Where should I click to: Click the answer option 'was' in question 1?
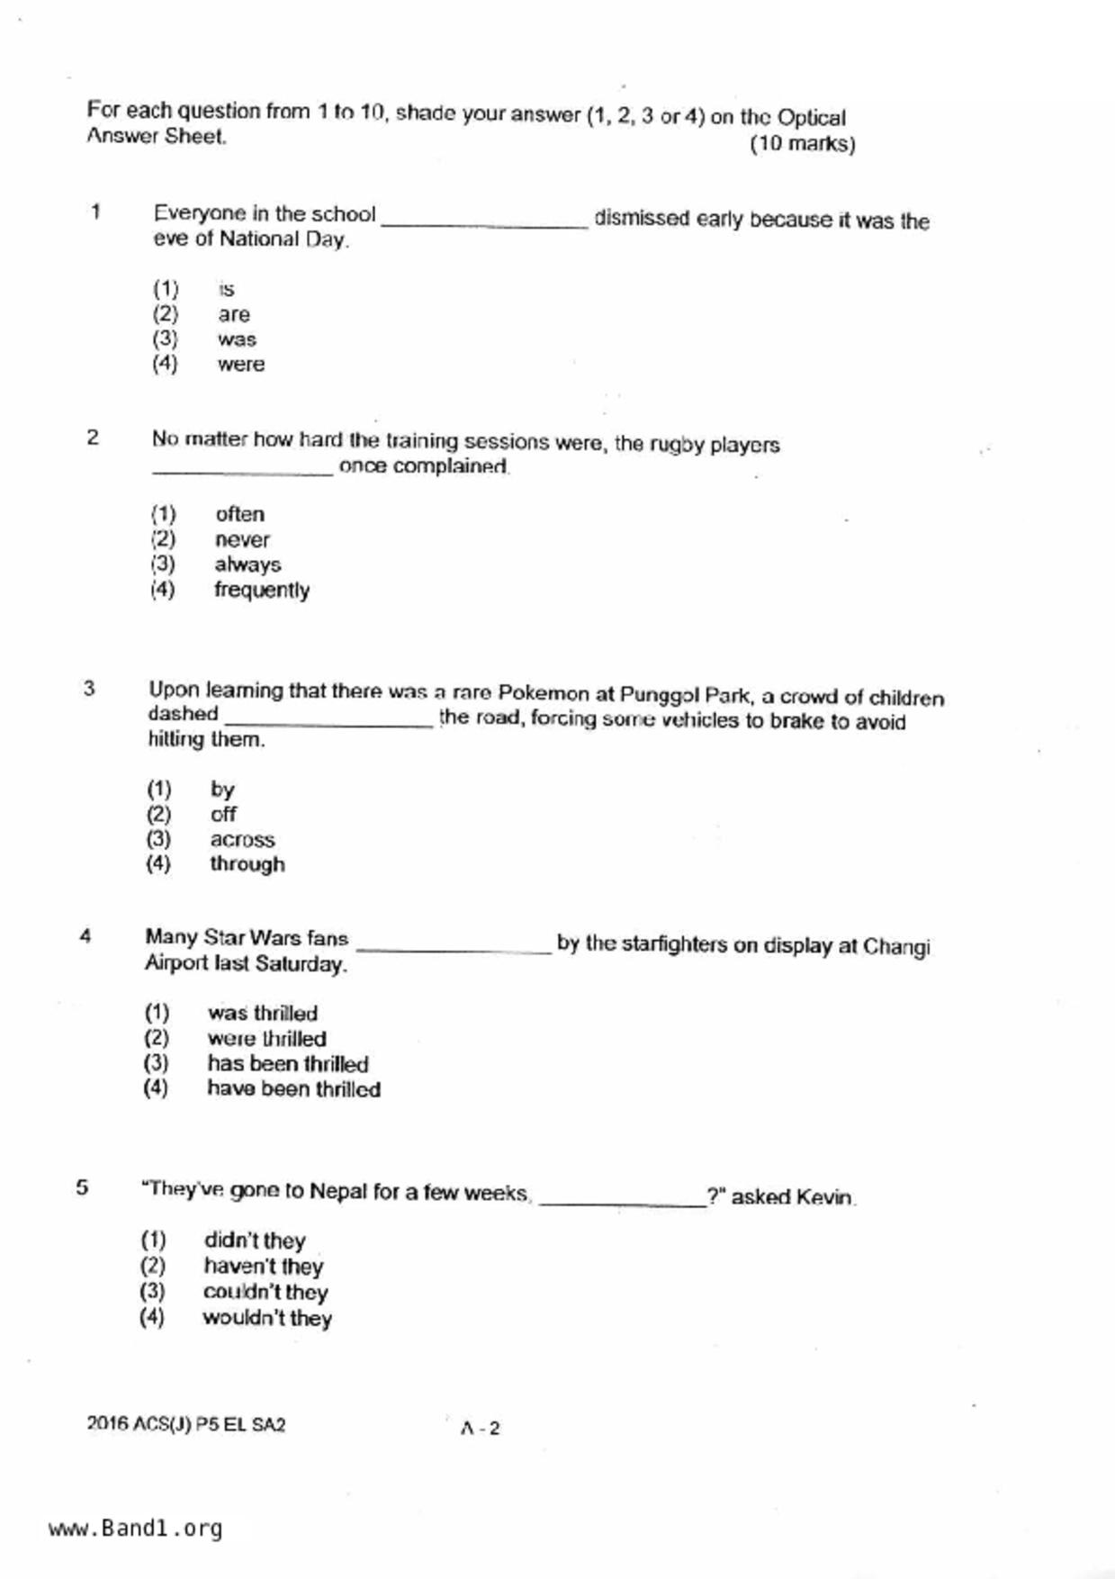pyautogui.click(x=237, y=339)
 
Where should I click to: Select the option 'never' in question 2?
pyautogui.click(x=242, y=540)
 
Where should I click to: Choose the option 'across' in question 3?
pyautogui.click(x=242, y=839)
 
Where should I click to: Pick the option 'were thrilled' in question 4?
pyautogui.click(x=266, y=1038)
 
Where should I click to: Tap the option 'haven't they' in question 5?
pyautogui.click(x=263, y=1267)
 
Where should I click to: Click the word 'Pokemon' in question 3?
pyautogui.click(x=544, y=693)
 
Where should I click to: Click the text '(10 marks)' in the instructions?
pyautogui.click(x=802, y=144)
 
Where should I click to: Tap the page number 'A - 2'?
pyautogui.click(x=480, y=1428)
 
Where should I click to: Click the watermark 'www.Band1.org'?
pyautogui.click(x=135, y=1529)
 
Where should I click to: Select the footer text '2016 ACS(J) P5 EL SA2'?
pyautogui.click(x=186, y=1425)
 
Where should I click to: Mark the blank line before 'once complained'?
pyautogui.click(x=242, y=472)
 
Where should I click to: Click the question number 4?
pyautogui.click(x=85, y=936)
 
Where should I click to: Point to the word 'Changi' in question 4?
pyautogui.click(x=896, y=947)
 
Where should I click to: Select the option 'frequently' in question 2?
pyautogui.click(x=261, y=591)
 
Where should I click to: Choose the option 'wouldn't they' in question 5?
pyautogui.click(x=267, y=1319)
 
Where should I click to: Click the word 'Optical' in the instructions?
pyautogui.click(x=811, y=118)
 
